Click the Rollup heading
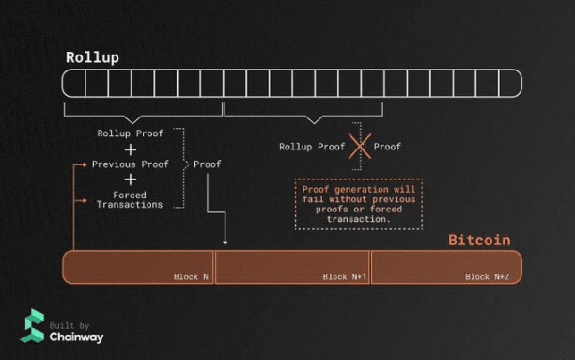(x=92, y=56)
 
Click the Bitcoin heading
(x=479, y=240)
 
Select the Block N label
(x=191, y=276)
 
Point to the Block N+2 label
(x=487, y=276)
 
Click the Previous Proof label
(x=130, y=164)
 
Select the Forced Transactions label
(x=130, y=199)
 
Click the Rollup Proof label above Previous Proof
(x=130, y=133)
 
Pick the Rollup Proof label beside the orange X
(x=312, y=147)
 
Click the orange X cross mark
(x=360, y=147)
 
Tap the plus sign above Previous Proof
(x=130, y=149)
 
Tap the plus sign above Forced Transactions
(x=130, y=180)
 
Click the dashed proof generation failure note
(x=359, y=203)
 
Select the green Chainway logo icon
(x=32, y=325)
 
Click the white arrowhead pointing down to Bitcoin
(x=225, y=246)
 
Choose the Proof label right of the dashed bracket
(x=208, y=164)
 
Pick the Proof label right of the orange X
(x=387, y=147)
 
